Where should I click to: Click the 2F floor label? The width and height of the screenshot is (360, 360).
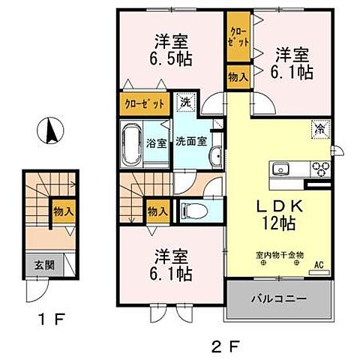(224, 346)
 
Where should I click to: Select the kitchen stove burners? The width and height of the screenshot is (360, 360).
(323, 166)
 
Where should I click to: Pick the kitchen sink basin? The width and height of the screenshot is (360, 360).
(283, 166)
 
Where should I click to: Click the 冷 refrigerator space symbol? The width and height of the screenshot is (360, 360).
(319, 127)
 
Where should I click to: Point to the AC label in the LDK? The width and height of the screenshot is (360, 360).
(318, 264)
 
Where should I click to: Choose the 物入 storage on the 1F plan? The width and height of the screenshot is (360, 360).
(62, 211)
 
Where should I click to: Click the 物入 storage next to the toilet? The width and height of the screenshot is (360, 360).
(157, 211)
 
